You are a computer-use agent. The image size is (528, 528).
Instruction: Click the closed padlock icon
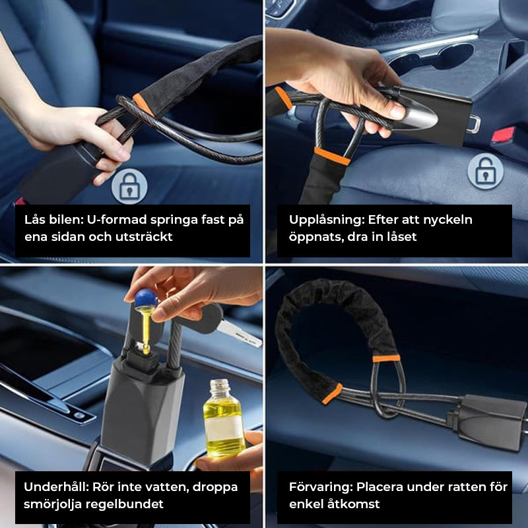coord(129,186)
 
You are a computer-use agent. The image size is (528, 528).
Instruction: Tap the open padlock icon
coord(485,172)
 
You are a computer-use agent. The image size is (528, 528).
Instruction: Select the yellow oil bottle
coord(223,418)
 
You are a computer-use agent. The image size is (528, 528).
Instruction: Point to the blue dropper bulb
coord(146,298)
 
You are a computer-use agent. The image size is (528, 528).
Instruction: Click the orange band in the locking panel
coord(143,105)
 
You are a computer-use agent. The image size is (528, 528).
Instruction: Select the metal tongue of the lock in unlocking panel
coord(475,124)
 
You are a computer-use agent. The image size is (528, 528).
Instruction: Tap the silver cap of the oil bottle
coord(220,385)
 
